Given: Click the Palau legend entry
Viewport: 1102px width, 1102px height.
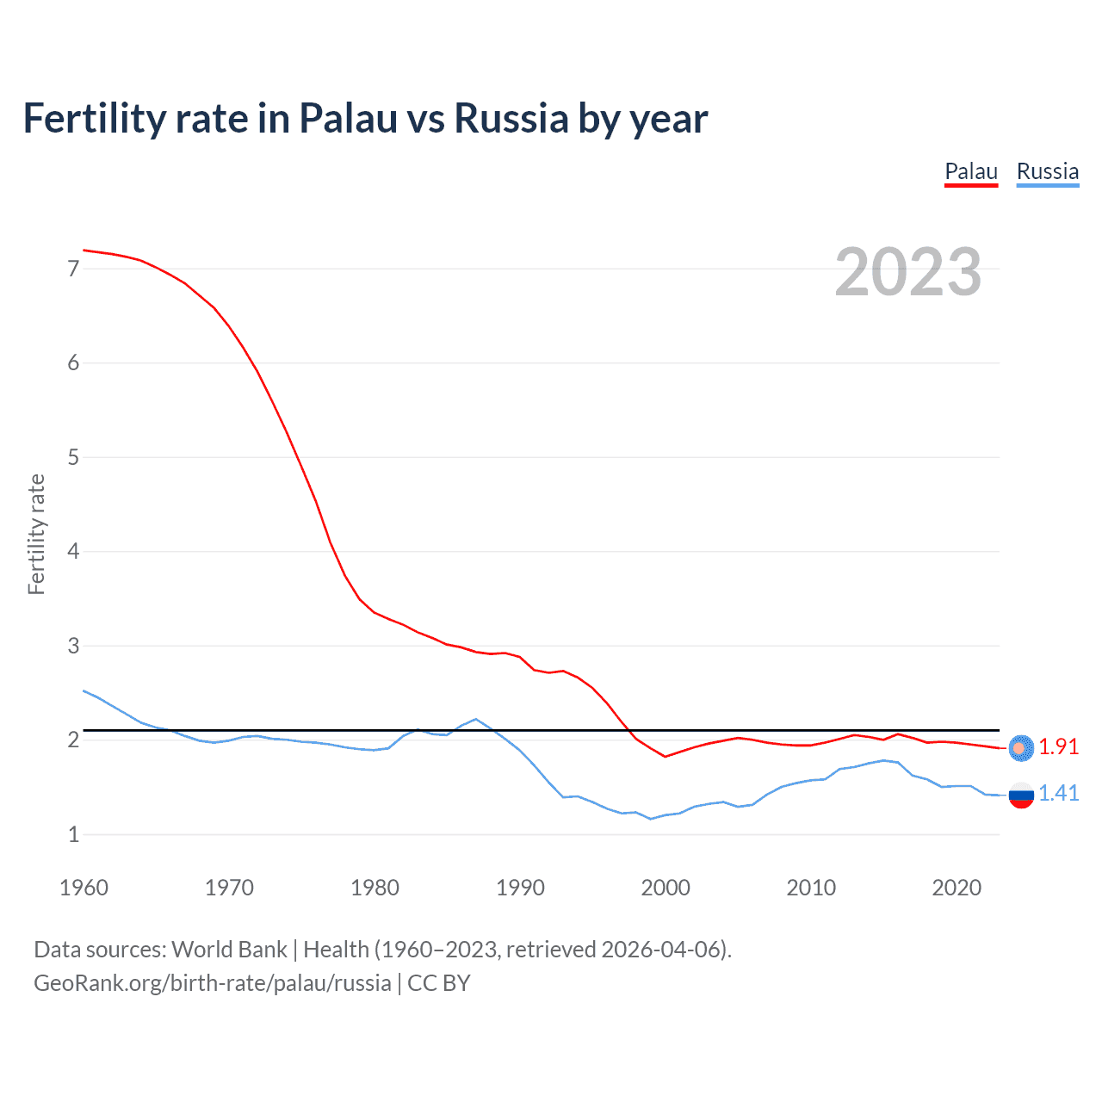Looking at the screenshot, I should tap(971, 172).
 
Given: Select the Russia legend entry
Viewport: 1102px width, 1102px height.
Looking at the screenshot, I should tap(1047, 172).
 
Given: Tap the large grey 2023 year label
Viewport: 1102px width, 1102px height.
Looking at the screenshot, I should tap(908, 272).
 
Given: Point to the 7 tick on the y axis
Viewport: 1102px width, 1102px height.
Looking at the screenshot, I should tap(73, 269).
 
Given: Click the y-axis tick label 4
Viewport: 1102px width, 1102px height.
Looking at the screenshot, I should tap(73, 551).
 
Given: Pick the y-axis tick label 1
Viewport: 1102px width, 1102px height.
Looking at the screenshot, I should tap(73, 834).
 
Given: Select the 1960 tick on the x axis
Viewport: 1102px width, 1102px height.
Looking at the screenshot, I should tap(84, 888).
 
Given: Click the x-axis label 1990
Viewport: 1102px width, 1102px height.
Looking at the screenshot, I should tap(520, 888).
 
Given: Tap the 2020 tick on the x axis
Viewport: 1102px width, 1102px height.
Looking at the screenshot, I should tap(957, 888).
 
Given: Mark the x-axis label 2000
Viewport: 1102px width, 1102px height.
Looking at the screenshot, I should tap(666, 888).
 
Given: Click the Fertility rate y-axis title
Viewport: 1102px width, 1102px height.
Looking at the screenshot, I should tap(36, 534).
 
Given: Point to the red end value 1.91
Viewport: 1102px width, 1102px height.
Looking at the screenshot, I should tap(1058, 747).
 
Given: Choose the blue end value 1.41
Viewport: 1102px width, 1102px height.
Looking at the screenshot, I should tap(1058, 794).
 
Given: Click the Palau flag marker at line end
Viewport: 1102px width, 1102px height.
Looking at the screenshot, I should tap(1021, 748).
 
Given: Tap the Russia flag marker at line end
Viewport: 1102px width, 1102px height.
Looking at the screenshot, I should tap(1021, 796).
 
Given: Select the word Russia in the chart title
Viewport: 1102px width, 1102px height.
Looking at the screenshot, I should tap(511, 119).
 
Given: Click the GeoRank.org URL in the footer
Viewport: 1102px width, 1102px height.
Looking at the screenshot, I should tap(212, 983).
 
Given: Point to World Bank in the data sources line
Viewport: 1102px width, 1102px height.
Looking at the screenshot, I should tap(229, 950).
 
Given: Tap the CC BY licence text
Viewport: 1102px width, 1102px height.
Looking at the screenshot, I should tap(439, 983).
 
